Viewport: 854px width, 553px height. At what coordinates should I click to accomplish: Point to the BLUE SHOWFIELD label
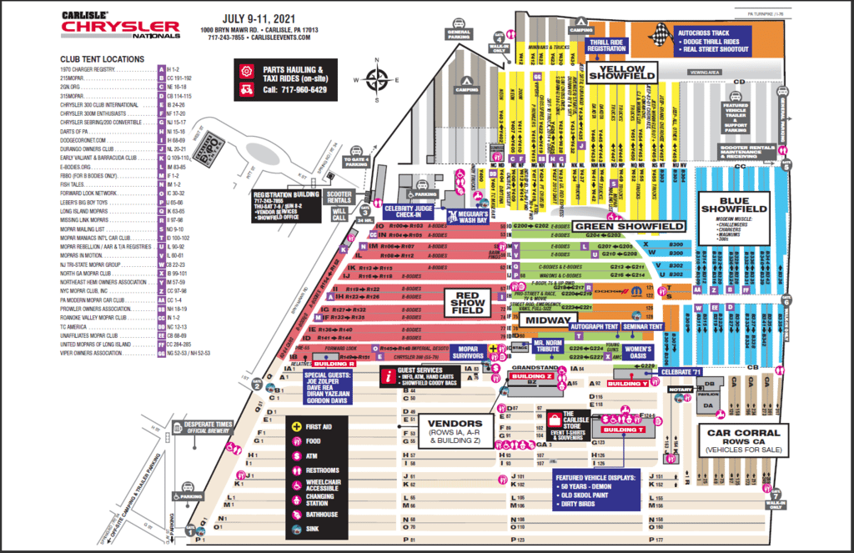pyautogui.click(x=734, y=203)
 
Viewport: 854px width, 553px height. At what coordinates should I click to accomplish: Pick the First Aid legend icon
pyautogui.click(x=295, y=427)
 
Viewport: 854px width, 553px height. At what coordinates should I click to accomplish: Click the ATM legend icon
pyautogui.click(x=295, y=455)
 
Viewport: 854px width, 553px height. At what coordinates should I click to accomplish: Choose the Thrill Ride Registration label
pyautogui.click(x=606, y=44)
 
